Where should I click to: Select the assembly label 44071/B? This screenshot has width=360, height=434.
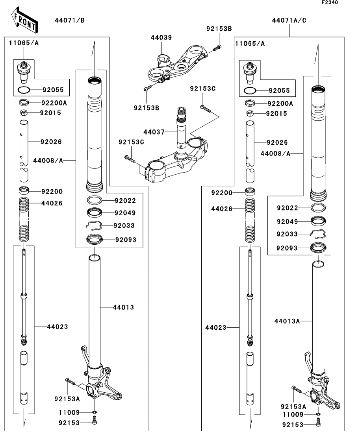click(70, 20)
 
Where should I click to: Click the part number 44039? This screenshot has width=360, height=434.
click(161, 37)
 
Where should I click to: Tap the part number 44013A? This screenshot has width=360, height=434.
click(287, 321)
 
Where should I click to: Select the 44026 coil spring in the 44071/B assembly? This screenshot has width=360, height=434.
click(24, 220)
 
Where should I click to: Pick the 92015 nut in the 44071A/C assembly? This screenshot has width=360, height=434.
click(250, 114)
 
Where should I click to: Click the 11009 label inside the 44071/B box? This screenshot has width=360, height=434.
click(69, 413)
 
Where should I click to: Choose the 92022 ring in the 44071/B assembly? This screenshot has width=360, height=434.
click(95, 200)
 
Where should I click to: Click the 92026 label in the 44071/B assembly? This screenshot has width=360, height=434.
click(51, 142)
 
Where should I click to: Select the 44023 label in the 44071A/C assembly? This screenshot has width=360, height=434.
click(215, 327)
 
